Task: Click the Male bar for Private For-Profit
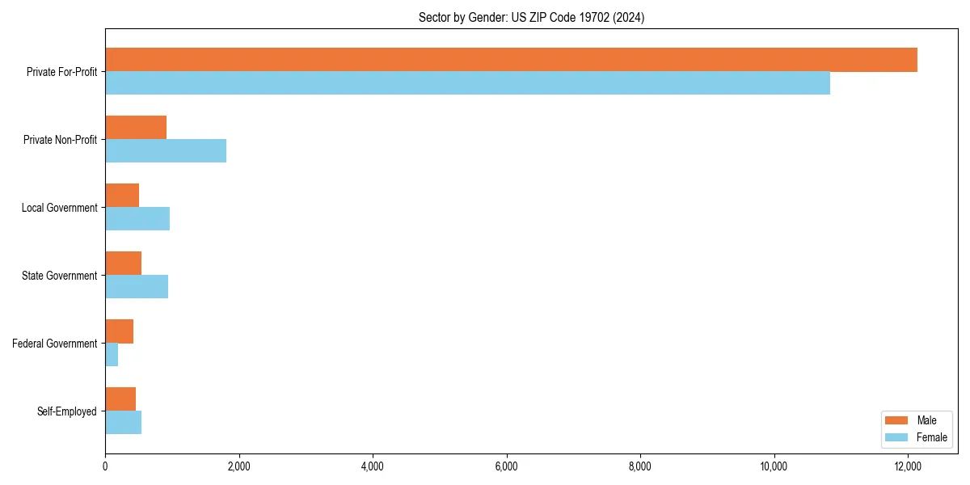511,60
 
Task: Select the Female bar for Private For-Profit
467,82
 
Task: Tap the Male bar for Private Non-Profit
136,128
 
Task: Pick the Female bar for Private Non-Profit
166,150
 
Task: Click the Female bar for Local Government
137,218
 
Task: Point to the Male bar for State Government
123,264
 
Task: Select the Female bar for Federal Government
112,354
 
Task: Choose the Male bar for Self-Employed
120,399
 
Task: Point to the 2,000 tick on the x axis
238,466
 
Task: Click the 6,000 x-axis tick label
506,466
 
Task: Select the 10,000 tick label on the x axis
774,466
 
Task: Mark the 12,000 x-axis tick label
908,466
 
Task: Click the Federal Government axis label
55,344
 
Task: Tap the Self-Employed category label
67,411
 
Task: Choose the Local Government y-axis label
60,208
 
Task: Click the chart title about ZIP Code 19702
531,17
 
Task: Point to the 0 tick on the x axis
105,466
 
